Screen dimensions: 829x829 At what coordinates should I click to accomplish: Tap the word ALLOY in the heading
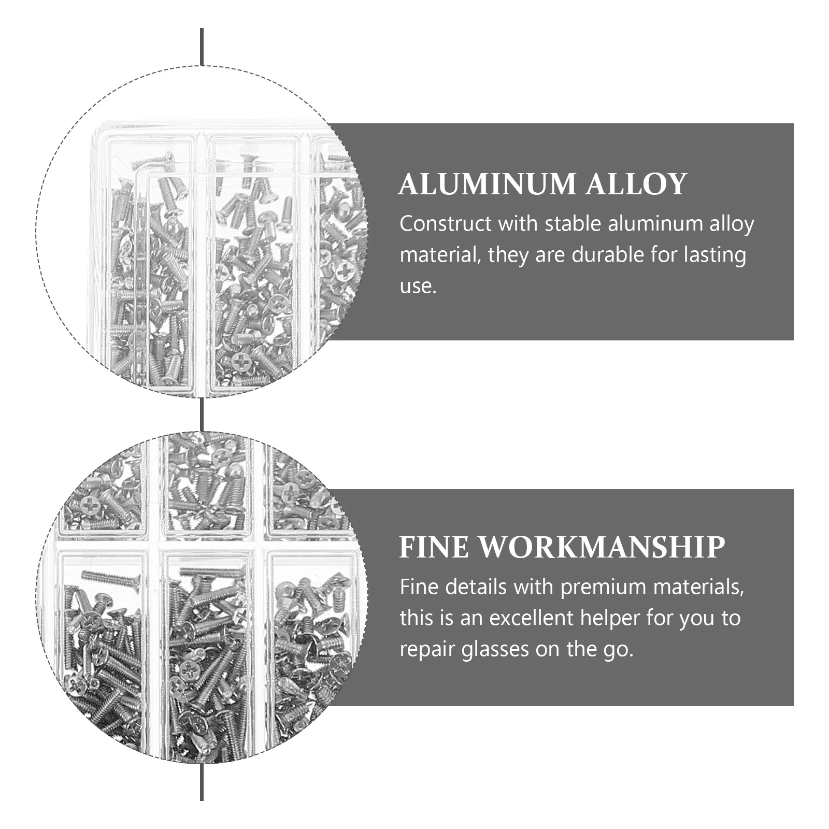tap(636, 184)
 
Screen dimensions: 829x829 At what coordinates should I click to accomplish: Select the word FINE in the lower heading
tap(433, 547)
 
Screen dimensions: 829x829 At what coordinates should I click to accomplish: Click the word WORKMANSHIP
tap(601, 547)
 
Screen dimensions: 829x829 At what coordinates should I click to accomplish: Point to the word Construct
tap(446, 224)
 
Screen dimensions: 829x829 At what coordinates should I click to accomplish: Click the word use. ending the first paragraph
tap(418, 286)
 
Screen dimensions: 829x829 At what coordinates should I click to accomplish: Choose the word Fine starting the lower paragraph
tap(419, 587)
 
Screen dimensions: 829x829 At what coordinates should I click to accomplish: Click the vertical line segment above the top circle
tap(202, 47)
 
